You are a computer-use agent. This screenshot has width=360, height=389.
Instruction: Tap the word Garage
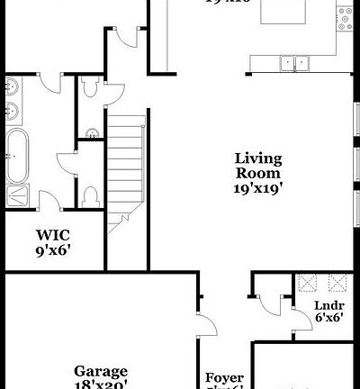tap(100, 371)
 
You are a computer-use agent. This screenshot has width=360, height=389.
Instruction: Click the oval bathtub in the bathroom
tap(19, 155)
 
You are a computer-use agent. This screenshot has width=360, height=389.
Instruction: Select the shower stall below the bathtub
tap(18, 194)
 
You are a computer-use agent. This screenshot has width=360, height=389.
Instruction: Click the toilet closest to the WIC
tap(89, 195)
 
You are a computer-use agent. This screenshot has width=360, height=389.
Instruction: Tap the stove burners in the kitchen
tap(344, 18)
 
